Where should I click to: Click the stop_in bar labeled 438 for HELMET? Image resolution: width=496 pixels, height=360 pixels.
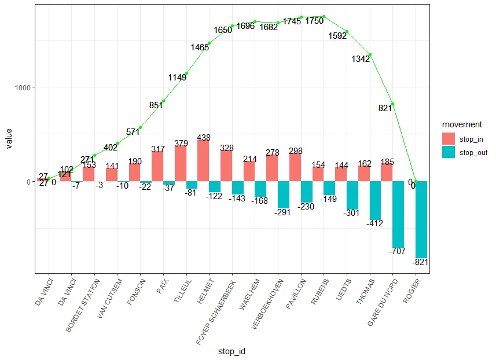204,160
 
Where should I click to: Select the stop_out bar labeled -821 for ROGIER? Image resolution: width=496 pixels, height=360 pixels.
421,219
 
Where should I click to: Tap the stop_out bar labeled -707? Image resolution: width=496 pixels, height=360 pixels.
398,214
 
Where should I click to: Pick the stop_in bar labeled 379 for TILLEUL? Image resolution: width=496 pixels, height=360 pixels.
181,163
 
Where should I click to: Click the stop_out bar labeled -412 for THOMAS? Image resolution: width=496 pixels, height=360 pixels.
375,200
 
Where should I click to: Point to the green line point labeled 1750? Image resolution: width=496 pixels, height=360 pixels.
324,16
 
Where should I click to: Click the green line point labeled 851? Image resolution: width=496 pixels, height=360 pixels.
163,101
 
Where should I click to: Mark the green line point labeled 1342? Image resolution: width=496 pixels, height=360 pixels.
370,54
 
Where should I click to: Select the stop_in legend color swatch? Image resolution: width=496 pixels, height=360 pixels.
449,139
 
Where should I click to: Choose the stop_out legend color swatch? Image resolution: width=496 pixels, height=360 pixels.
449,152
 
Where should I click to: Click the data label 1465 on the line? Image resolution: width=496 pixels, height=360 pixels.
199,47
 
